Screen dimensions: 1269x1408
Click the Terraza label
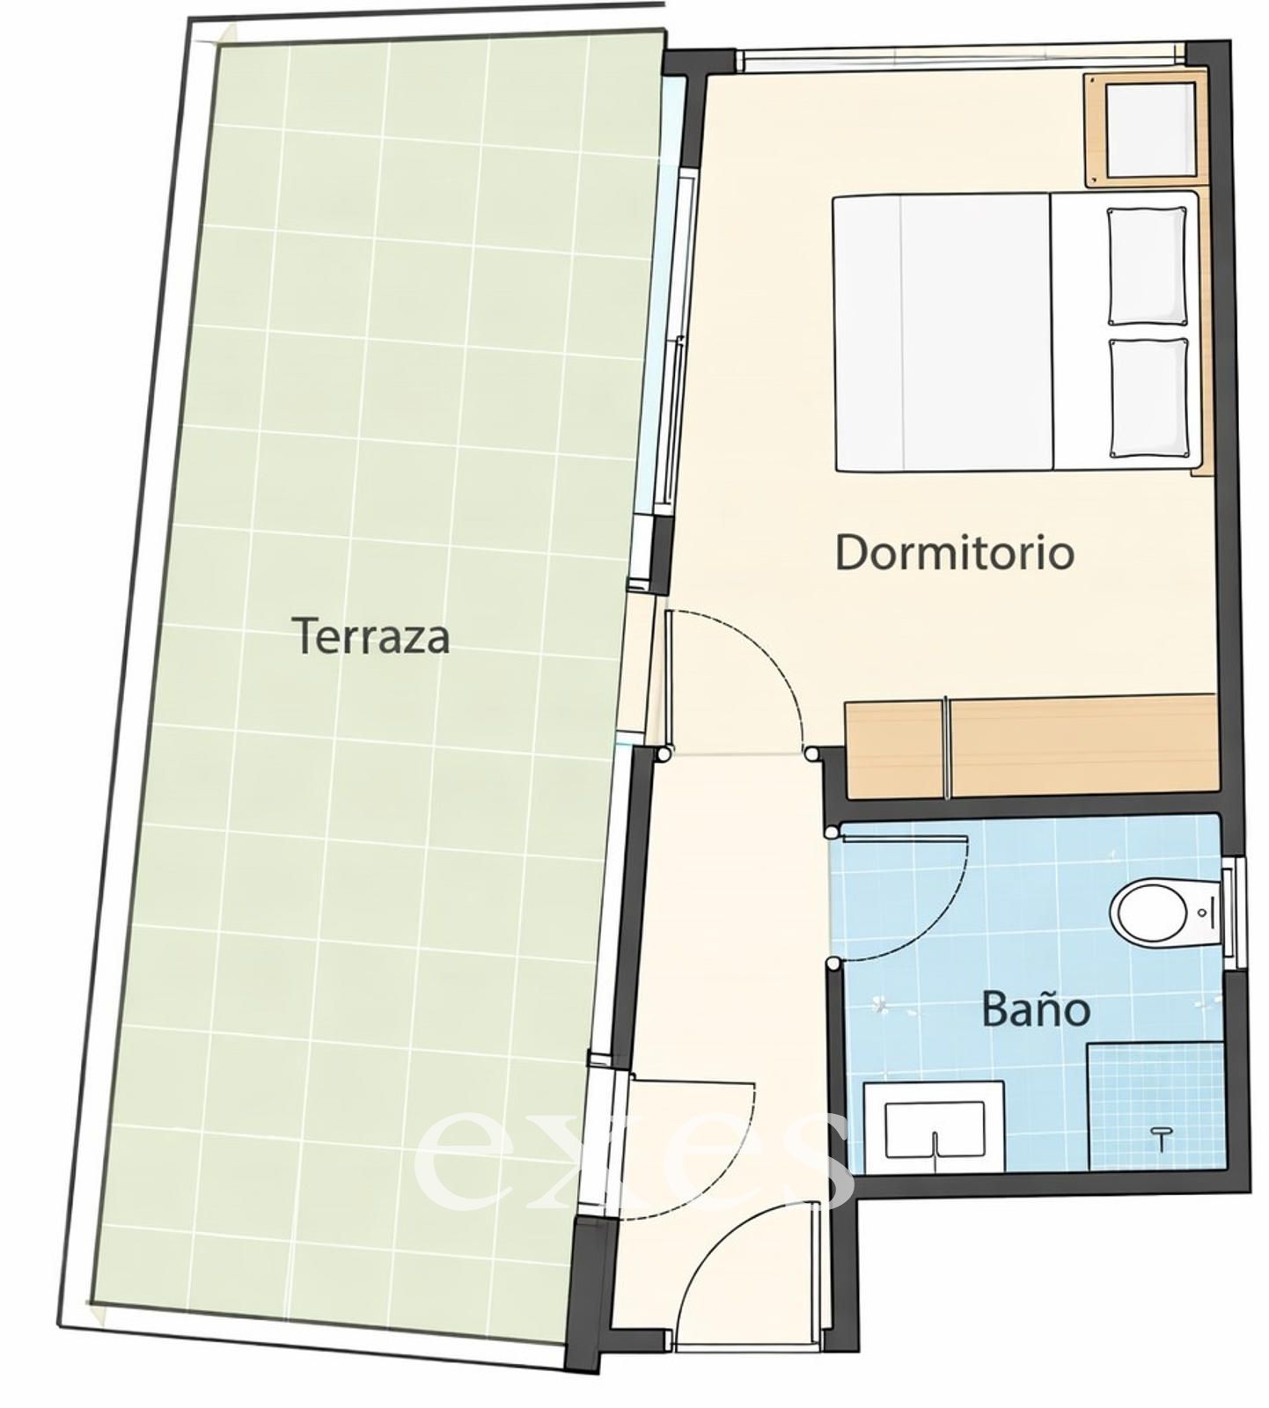(370, 635)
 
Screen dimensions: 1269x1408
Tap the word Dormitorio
(955, 553)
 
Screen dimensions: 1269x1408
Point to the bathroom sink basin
(934, 1129)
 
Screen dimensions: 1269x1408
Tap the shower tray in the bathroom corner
(1156, 1106)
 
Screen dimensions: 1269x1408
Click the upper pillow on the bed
(1148, 266)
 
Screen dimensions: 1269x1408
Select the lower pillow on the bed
(1149, 398)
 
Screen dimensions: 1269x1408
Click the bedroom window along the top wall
(959, 59)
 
